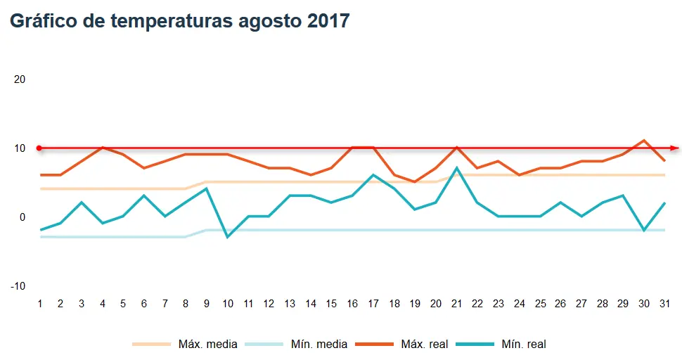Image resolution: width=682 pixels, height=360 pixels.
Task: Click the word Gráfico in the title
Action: pyautogui.click(x=44, y=21)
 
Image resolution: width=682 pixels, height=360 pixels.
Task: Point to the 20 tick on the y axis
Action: pyautogui.click(x=20, y=79)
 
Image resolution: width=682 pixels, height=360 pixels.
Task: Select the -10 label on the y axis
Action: pyautogui.click(x=18, y=286)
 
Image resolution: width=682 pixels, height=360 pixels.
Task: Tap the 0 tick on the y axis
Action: pyautogui.click(x=22, y=217)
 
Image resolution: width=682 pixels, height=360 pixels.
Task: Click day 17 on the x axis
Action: pyautogui.click(x=373, y=304)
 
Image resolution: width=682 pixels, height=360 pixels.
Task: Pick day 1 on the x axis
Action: pyautogui.click(x=40, y=304)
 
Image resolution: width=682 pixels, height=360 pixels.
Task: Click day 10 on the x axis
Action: pyautogui.click(x=227, y=304)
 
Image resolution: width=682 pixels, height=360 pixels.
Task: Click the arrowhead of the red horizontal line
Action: pyautogui.click(x=675, y=148)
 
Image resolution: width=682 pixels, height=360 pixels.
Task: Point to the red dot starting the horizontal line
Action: pyautogui.click(x=39, y=148)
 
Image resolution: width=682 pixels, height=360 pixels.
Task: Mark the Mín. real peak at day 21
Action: pyautogui.click(x=457, y=168)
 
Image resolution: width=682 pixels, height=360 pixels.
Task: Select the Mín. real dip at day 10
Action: pyautogui.click(x=227, y=237)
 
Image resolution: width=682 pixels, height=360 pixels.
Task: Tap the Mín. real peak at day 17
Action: pyautogui.click(x=373, y=175)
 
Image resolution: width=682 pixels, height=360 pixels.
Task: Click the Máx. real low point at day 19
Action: pyautogui.click(x=415, y=182)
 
